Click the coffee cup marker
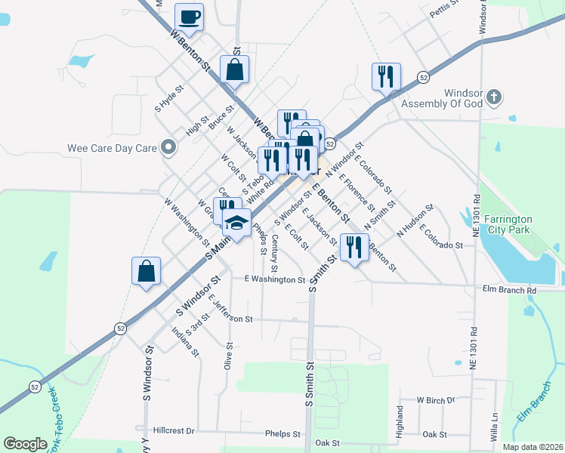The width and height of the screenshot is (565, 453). click(189, 17)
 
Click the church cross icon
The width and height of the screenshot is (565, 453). click(493, 97)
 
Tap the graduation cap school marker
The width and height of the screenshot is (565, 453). click(236, 223)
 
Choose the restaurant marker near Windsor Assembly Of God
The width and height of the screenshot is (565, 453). click(385, 76)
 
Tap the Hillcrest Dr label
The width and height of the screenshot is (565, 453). click(174, 430)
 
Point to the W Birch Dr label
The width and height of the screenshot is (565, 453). click(437, 400)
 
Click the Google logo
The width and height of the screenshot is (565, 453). click(25, 444)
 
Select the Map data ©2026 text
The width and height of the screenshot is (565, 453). click(532, 447)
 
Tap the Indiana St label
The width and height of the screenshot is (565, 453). click(185, 341)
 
